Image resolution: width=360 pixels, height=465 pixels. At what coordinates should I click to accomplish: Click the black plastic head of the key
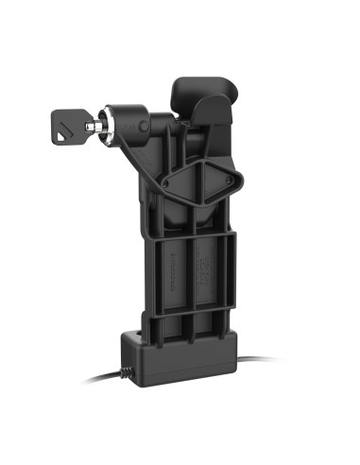[69, 123]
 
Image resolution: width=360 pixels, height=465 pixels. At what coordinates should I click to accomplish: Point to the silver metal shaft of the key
[94, 126]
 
